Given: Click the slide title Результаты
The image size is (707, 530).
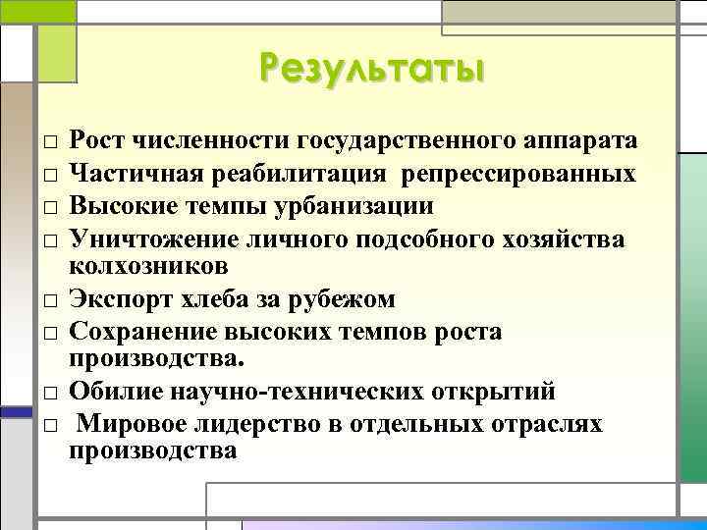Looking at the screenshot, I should pos(372,71).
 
